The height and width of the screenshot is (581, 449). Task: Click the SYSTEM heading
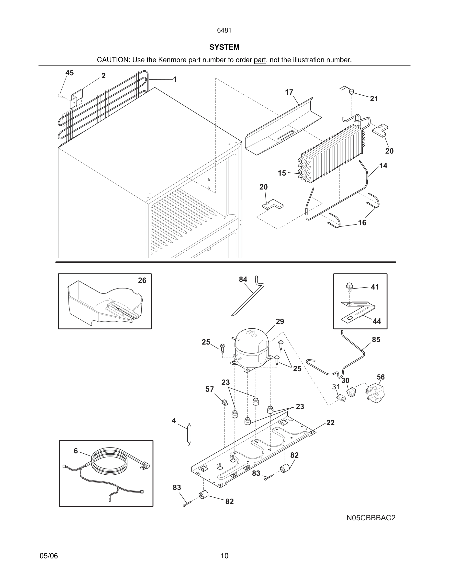point(224,47)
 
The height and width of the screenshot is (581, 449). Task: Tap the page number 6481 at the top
point(224,31)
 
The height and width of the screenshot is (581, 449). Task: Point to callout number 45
point(69,73)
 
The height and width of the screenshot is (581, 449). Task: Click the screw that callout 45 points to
point(60,95)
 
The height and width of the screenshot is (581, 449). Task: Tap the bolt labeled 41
point(349,287)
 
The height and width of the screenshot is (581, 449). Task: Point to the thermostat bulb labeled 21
point(351,92)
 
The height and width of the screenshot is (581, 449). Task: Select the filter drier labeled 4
point(189,434)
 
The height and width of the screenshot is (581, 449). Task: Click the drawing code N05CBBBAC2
point(371,518)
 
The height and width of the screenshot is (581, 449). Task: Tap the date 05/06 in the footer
point(49,556)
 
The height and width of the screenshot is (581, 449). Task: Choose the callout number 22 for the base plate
point(330,423)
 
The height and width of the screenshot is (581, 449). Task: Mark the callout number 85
point(376,340)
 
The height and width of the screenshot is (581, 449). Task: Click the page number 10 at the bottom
point(224,556)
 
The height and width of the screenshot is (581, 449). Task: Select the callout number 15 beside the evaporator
point(282,173)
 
